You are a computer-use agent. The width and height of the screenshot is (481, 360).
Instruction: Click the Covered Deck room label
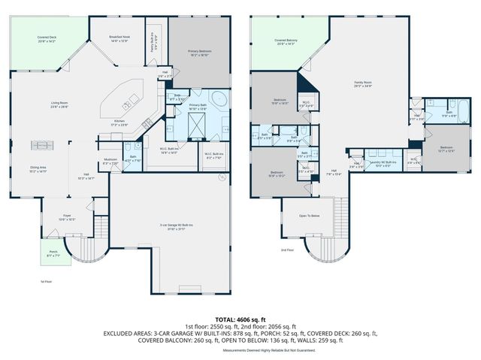pos(47,38)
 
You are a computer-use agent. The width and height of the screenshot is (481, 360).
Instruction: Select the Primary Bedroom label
pos(199,52)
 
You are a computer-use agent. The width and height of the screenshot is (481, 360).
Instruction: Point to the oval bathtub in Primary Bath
pos(219,98)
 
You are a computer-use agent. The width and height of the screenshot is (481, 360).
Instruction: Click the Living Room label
pos(59,105)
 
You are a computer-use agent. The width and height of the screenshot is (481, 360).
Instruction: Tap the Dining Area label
pos(38,168)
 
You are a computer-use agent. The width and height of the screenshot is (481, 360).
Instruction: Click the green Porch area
pos(52,253)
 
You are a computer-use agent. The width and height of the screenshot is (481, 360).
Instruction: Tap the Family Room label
pos(364,85)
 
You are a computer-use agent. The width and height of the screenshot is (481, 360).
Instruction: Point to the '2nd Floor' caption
pos(287,250)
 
